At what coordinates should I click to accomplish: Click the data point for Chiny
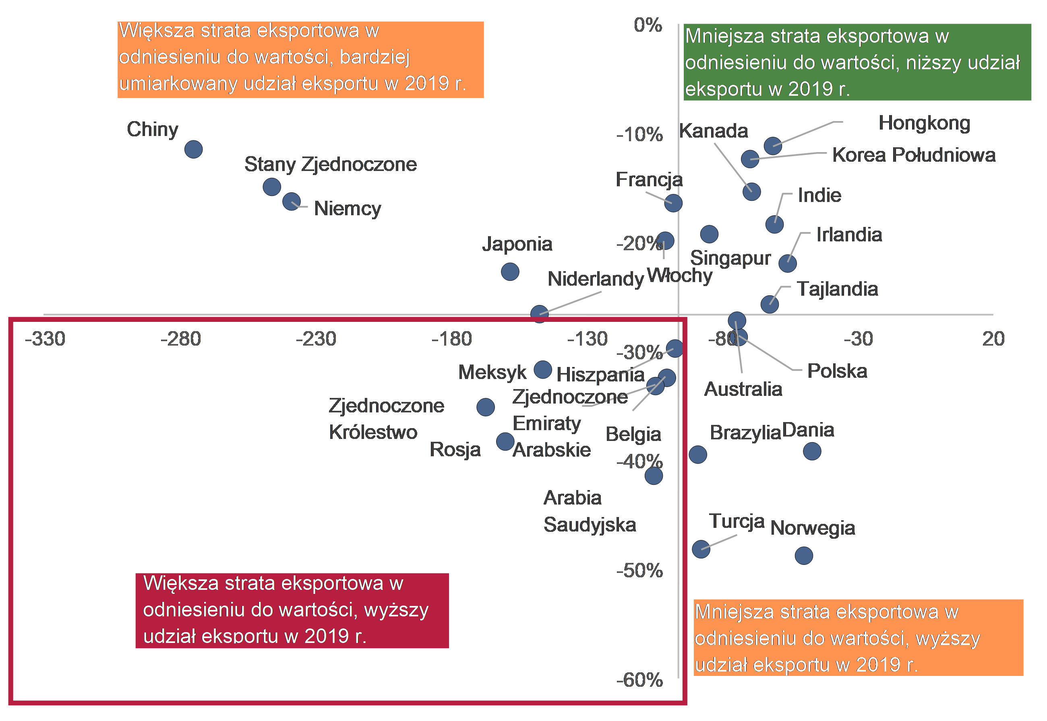tap(193, 150)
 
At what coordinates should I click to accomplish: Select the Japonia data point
tap(510, 272)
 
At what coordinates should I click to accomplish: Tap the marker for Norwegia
tap(804, 556)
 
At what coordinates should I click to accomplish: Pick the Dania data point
tap(812, 451)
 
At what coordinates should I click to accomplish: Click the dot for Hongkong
tap(773, 146)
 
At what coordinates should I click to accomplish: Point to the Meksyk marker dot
tap(543, 369)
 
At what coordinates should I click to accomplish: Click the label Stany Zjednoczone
tap(331, 165)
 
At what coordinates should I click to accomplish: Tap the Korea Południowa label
tap(914, 155)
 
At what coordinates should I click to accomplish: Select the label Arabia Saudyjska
tap(590, 511)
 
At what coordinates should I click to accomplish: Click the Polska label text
tap(837, 371)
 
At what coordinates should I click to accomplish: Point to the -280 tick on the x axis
tap(180, 339)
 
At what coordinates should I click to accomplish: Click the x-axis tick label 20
tap(993, 339)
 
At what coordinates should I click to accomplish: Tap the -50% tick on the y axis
tap(639, 571)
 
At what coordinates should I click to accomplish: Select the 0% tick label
tap(648, 25)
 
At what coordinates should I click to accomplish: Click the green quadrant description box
tap(857, 62)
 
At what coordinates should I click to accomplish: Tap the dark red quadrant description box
tap(292, 610)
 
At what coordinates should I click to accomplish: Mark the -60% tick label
tap(639, 680)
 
